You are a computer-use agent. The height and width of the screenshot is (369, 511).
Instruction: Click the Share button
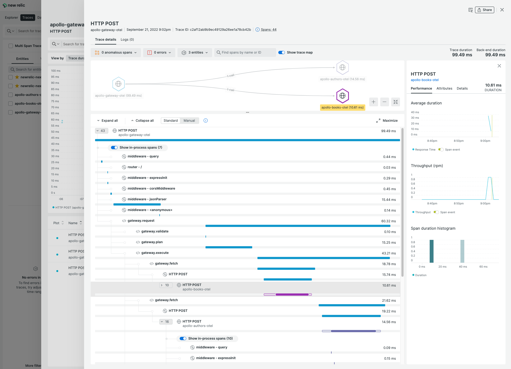pyautogui.click(x=485, y=10)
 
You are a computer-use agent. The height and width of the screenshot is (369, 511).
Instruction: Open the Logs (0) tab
pyautogui.click(x=127, y=40)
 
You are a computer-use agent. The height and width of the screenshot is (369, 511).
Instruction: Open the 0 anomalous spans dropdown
pyautogui.click(x=116, y=52)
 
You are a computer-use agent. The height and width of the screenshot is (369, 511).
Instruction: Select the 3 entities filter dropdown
pyautogui.click(x=195, y=52)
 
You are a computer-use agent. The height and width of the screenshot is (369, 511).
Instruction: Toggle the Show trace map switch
pyautogui.click(x=282, y=52)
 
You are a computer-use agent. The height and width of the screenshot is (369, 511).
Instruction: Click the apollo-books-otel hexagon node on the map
pyautogui.click(x=342, y=96)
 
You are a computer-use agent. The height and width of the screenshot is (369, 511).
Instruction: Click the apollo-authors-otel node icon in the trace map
pyautogui.click(x=342, y=67)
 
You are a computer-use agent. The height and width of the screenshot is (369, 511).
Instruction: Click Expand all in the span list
pyautogui.click(x=107, y=121)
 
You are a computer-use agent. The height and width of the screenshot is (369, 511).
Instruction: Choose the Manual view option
pyautogui.click(x=189, y=121)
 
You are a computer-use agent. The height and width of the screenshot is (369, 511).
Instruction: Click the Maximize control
pyautogui.click(x=387, y=121)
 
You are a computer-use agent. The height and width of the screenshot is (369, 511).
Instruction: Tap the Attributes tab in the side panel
pyautogui.click(x=444, y=88)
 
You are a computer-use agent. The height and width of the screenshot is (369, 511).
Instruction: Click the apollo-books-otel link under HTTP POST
pyautogui.click(x=424, y=80)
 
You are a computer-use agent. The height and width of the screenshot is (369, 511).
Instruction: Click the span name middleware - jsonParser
pyautogui.click(x=147, y=199)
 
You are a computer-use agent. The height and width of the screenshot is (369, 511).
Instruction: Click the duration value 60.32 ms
pyautogui.click(x=388, y=221)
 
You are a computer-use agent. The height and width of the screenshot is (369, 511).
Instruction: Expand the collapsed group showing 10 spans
pyautogui.click(x=166, y=285)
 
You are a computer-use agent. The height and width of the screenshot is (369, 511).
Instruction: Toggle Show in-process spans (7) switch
pyautogui.click(x=114, y=148)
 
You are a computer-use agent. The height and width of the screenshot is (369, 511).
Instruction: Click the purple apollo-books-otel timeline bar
pyautogui.click(x=292, y=295)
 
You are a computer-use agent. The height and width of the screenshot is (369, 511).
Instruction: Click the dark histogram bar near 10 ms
pyautogui.click(x=431, y=251)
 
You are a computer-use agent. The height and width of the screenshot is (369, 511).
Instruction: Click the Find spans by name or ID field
pyautogui.click(x=245, y=52)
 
